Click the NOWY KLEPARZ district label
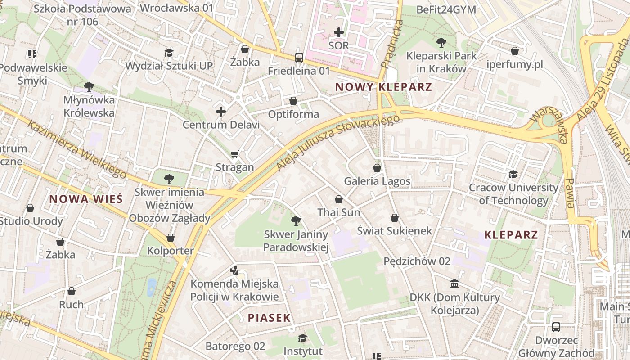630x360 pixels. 383,87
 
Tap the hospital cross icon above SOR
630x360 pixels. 339,32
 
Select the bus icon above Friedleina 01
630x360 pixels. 299,58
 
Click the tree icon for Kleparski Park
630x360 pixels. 441,43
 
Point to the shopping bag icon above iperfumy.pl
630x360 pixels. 515,51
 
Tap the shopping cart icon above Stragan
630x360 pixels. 234,154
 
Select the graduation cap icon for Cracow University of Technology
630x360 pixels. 513,174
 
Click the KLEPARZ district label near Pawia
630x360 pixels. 511,234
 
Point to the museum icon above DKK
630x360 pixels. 454,284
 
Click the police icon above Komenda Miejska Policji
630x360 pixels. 234,270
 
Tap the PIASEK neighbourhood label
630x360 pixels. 269,318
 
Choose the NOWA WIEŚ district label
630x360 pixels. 85,199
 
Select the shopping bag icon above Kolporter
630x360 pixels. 171,237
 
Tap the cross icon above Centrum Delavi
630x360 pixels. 221,111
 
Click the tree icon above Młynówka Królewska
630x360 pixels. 89,86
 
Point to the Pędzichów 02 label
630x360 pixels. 417,261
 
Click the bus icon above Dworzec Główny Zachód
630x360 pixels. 556,327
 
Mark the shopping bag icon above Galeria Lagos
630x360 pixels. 377,168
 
